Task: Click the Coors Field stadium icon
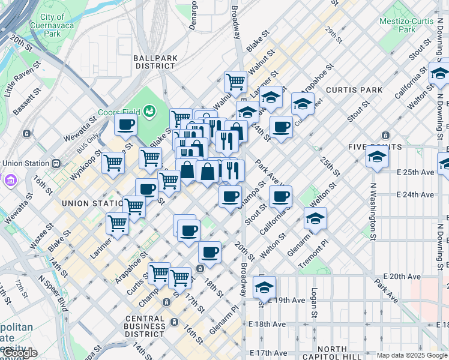(x=148, y=111)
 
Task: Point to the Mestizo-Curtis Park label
(x=406, y=25)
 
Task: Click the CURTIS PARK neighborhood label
(x=354, y=90)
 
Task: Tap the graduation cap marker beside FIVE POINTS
(x=378, y=157)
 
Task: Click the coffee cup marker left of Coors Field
(x=126, y=125)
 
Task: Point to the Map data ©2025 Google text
(x=411, y=355)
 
